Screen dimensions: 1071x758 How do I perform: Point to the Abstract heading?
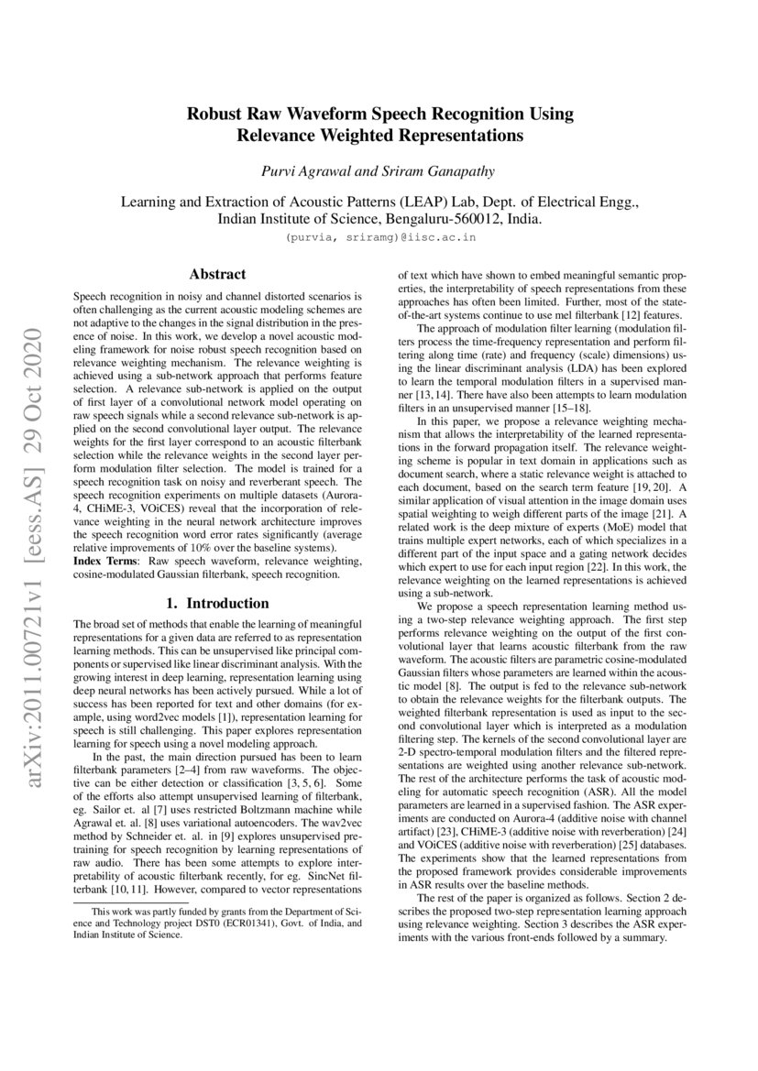click(x=217, y=274)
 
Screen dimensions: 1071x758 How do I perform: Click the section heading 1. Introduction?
click(x=217, y=604)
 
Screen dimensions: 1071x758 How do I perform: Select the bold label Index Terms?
click(x=103, y=560)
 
